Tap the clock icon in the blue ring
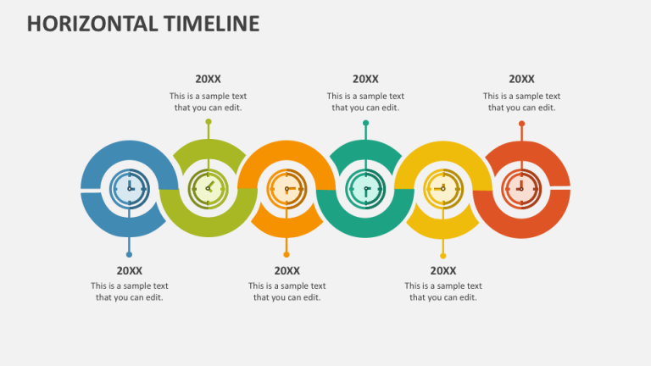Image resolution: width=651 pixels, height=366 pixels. point(130,188)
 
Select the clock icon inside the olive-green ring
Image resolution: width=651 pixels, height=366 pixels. point(208,188)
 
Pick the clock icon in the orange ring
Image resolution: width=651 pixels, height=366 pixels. point(287,188)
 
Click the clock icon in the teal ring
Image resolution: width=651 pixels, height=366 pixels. point(365,188)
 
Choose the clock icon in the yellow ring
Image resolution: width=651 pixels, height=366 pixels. point(443,188)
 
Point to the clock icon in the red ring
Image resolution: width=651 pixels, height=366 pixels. point(521,188)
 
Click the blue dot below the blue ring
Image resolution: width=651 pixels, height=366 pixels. point(129,253)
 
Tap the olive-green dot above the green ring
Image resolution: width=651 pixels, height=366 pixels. point(209,122)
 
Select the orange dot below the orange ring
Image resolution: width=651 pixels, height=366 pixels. point(287,253)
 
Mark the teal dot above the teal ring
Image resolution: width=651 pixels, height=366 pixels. point(365,123)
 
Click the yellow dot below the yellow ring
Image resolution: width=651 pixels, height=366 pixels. point(443,254)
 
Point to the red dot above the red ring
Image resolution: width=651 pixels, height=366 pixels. point(521,124)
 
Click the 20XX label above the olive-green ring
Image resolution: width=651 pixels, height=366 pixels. point(208,80)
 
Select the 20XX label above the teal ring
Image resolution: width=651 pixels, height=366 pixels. point(365,80)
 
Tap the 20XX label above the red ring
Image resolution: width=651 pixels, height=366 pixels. point(521,80)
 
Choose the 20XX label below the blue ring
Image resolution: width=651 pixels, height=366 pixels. point(130,271)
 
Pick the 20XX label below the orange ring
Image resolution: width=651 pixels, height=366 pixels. point(287,271)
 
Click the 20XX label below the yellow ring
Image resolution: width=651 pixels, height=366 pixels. point(443,271)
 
